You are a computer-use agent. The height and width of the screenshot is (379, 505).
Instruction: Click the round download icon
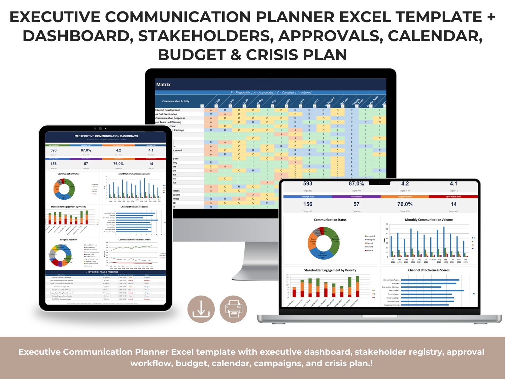[x=201, y=309]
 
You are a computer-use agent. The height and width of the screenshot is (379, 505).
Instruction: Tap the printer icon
[x=233, y=309]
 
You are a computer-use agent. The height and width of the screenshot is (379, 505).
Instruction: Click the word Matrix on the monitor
[x=163, y=85]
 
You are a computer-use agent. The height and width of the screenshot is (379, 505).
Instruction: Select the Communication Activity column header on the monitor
[x=176, y=101]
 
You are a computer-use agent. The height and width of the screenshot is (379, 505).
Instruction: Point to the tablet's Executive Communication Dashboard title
[x=106, y=136]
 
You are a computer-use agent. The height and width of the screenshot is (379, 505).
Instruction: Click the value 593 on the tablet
[x=54, y=150]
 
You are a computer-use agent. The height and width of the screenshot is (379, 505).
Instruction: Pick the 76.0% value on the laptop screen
[x=405, y=204]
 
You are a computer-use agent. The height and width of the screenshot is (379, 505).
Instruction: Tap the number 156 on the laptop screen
[x=308, y=204]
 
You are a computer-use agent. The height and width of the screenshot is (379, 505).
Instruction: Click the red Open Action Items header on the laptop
[x=453, y=197]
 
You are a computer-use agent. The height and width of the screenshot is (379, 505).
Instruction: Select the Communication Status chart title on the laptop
[x=330, y=220]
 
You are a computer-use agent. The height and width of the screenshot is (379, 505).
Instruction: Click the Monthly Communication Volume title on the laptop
[x=429, y=220]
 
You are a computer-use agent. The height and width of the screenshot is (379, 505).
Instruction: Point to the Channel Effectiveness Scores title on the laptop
[x=429, y=270]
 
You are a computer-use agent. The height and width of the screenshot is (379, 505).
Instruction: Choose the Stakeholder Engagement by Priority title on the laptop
[x=330, y=270]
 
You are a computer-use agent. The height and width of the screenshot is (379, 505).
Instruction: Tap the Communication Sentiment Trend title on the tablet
[x=134, y=240]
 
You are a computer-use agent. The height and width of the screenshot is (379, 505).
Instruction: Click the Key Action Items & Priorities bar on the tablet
[x=106, y=272]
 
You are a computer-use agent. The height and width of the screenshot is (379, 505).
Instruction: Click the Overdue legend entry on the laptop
[x=369, y=251]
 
